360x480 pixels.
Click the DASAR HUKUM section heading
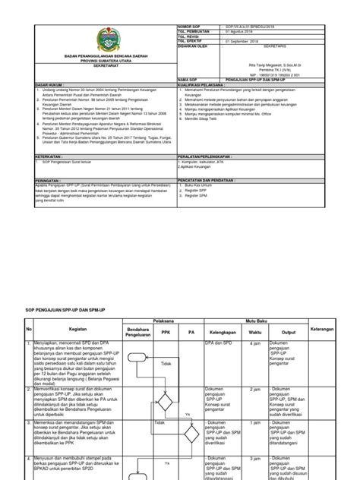[x=49, y=85]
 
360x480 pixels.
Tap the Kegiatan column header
[x=76, y=310]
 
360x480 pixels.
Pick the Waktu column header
[x=254, y=310]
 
